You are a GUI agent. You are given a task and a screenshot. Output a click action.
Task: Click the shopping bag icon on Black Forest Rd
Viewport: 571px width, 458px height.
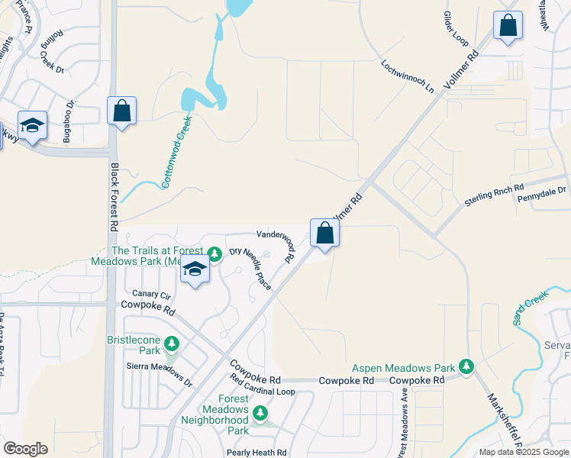(121, 111)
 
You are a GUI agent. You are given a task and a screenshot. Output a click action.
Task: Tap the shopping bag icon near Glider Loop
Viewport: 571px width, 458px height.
(508, 26)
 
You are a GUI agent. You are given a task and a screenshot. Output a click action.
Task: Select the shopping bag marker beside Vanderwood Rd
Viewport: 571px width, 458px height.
(324, 233)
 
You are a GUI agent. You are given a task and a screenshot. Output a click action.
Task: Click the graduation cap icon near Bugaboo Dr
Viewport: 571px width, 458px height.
(32, 126)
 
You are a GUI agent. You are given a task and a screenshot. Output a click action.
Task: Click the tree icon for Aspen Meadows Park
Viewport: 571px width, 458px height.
(466, 368)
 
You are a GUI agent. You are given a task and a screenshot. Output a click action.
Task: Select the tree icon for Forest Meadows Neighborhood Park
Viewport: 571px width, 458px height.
(260, 413)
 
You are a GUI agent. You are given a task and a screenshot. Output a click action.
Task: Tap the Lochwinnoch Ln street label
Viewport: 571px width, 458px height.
(408, 76)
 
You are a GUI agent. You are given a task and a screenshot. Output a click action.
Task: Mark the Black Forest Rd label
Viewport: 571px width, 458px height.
(114, 197)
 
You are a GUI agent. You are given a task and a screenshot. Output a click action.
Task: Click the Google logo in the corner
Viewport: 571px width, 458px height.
(25, 448)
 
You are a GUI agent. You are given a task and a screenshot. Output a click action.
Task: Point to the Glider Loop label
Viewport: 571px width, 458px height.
(456, 27)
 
